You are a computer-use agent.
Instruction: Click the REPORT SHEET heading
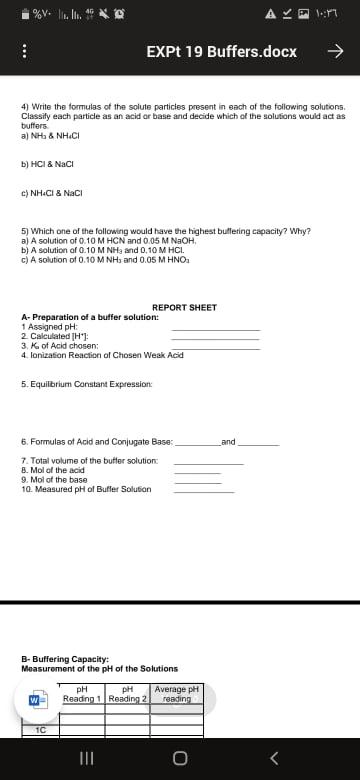click(184, 307)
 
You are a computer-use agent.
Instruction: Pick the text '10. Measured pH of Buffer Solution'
click(86, 489)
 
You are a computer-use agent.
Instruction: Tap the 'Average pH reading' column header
click(177, 692)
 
